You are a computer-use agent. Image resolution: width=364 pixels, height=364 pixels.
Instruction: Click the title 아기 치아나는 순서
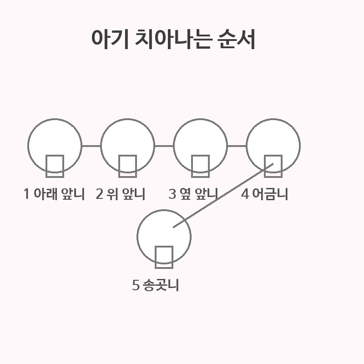(x=173, y=40)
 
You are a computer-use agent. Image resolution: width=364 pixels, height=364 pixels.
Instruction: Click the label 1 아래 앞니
(x=54, y=194)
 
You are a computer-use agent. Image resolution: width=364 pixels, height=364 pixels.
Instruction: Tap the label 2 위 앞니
(x=121, y=194)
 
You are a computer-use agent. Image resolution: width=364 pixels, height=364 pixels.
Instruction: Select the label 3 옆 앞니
(x=193, y=194)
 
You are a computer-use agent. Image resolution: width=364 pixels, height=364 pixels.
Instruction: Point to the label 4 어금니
(x=264, y=194)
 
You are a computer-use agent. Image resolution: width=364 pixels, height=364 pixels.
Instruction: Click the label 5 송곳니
(x=156, y=285)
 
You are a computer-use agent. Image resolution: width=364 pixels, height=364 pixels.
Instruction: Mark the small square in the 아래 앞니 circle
(x=55, y=166)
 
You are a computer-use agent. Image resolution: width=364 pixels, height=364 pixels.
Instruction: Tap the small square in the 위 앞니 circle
(x=127, y=166)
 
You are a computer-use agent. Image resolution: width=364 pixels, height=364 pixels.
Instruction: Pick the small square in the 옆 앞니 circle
(x=200, y=166)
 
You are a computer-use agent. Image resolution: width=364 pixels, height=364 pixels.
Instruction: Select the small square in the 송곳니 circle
(x=164, y=257)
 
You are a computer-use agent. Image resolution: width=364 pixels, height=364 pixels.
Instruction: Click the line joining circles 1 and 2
(x=91, y=146)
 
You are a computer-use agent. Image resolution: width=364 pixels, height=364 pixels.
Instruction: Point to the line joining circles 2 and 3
(x=164, y=146)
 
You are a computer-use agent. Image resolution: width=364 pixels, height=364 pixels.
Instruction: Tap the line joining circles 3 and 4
(x=237, y=146)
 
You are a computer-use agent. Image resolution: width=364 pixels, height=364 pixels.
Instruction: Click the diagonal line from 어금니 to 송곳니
(x=223, y=196)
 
